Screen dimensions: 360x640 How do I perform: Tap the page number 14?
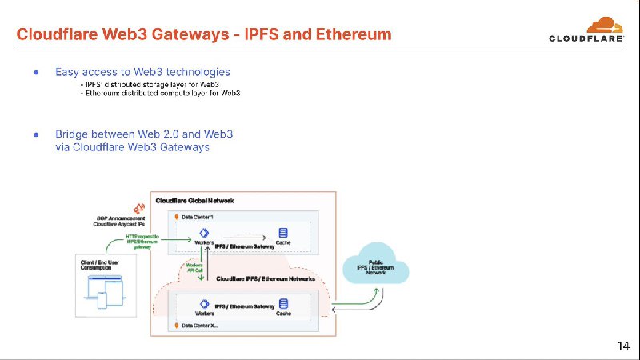click(x=623, y=346)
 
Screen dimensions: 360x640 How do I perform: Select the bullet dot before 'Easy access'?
click(x=36, y=72)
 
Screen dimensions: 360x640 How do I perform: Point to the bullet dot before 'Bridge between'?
click(x=36, y=134)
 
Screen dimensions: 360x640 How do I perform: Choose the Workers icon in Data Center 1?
click(x=203, y=233)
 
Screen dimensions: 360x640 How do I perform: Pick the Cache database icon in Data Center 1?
click(x=282, y=233)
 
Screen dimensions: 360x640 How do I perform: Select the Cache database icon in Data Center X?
click(x=282, y=305)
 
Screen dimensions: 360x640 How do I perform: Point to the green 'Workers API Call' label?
click(x=194, y=267)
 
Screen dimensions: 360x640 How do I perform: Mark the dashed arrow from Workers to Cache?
click(x=244, y=235)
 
